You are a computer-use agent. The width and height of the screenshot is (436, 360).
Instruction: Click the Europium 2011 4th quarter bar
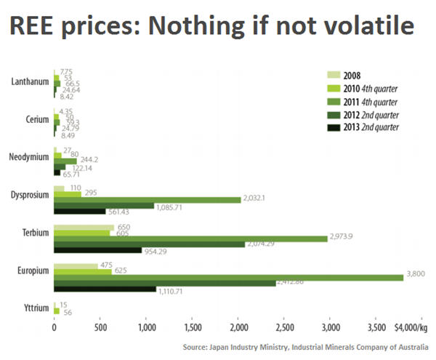click(x=228, y=276)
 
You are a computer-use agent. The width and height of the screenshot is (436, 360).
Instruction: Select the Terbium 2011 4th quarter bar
click(x=190, y=238)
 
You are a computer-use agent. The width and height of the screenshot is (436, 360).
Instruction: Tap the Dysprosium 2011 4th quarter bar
click(x=148, y=199)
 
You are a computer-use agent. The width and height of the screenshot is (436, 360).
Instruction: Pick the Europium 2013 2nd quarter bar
click(x=105, y=289)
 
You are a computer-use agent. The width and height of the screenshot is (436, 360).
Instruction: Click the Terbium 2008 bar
click(x=84, y=226)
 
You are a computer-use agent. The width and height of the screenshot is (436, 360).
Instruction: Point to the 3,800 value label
click(x=416, y=275)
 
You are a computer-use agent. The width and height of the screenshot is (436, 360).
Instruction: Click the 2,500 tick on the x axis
click(x=285, y=328)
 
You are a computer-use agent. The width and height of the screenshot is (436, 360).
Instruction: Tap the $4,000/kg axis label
click(x=411, y=328)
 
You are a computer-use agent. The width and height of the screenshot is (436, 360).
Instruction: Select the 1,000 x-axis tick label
click(x=147, y=328)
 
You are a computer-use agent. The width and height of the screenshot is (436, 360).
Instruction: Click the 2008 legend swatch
click(x=334, y=74)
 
